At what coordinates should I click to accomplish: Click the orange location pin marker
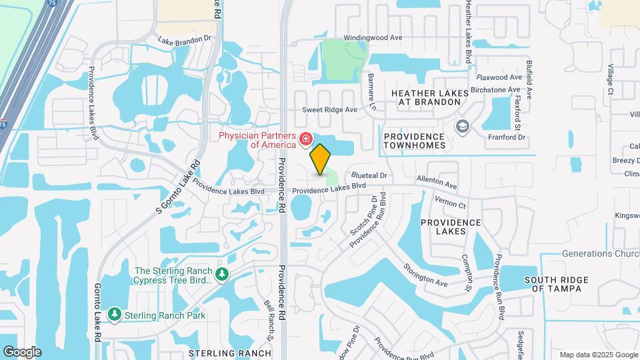pyautogui.click(x=321, y=159)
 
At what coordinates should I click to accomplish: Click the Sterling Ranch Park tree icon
pyautogui.click(x=115, y=314)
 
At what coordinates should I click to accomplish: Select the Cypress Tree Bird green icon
pyautogui.click(x=222, y=274)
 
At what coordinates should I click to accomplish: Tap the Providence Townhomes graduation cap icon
pyautogui.click(x=461, y=126)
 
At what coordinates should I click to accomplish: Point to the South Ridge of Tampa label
pyautogui.click(x=553, y=284)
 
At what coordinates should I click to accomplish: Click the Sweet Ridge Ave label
pyautogui.click(x=330, y=109)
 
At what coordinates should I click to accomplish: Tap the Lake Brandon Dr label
pyautogui.click(x=184, y=39)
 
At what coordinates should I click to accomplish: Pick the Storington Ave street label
pyautogui.click(x=425, y=275)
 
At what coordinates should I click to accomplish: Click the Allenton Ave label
pyautogui.click(x=437, y=181)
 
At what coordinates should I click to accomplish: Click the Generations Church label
pyautogui.click(x=600, y=254)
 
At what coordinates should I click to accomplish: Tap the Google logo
pyautogui.click(x=22, y=351)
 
